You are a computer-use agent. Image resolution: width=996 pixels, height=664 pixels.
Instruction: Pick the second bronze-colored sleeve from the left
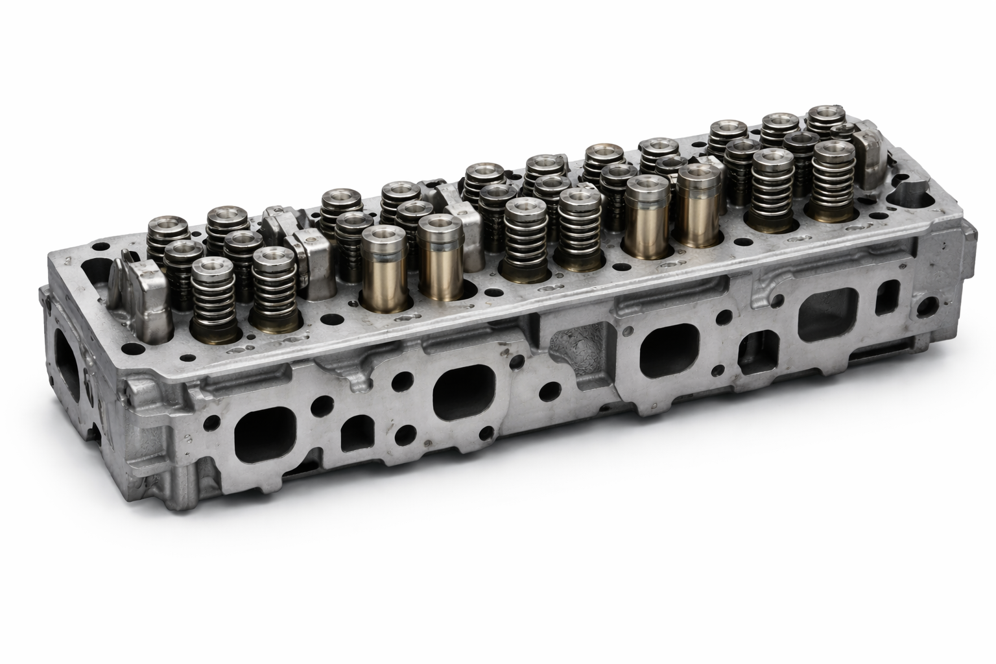440,257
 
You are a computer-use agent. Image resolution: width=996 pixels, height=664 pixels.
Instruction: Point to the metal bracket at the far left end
141,298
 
